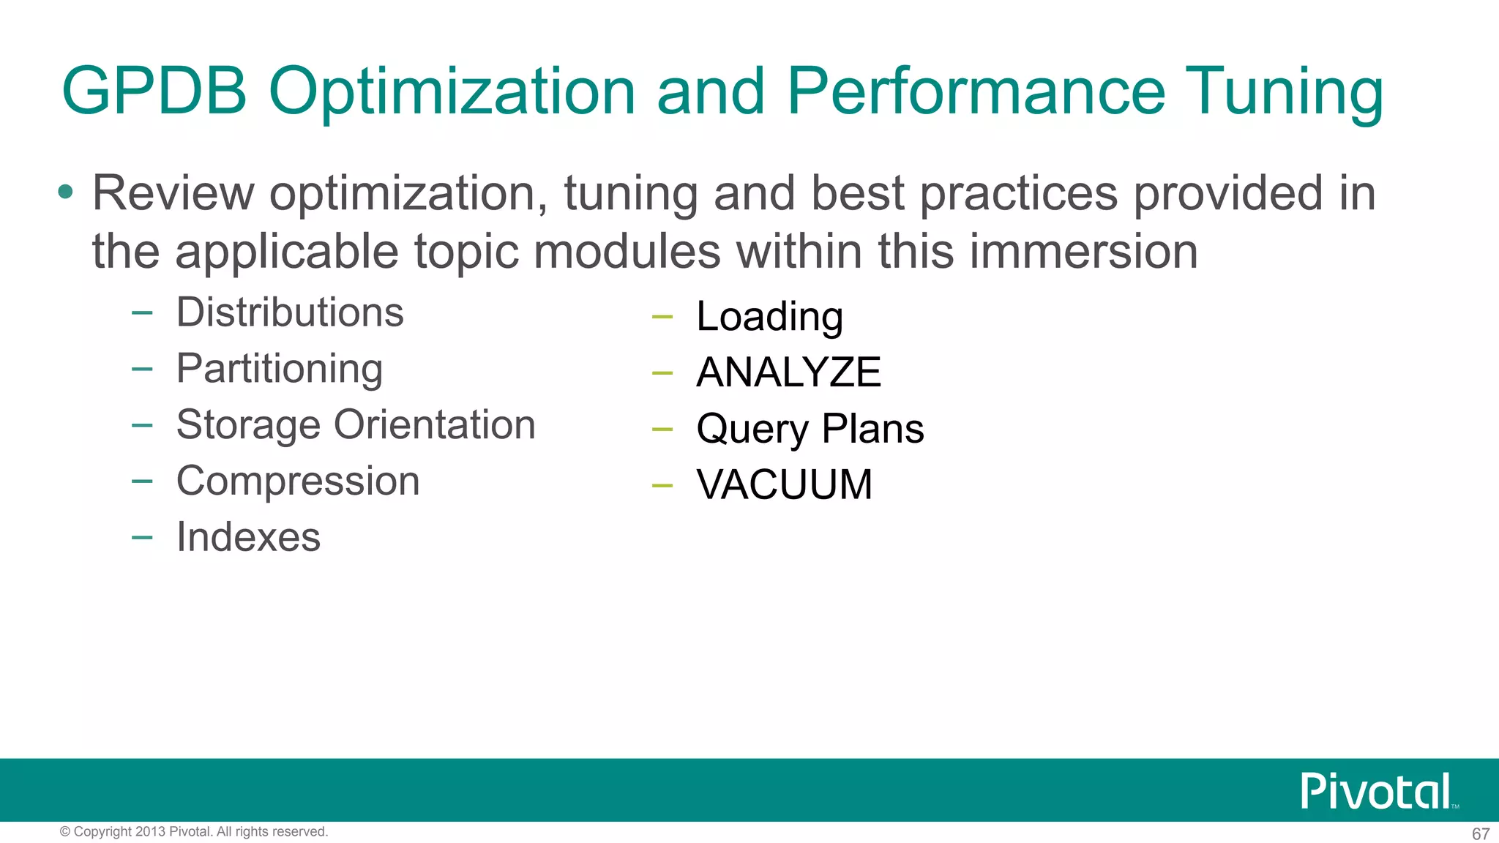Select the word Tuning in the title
coord(1284,92)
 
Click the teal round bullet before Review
coord(66,192)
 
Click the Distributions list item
coord(290,312)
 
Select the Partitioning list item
coord(280,368)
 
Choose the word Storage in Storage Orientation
coord(248,425)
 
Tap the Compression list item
coord(298,481)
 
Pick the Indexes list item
coord(248,537)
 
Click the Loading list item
coord(769,317)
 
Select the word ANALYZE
coord(788,372)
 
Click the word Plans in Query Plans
coord(872,428)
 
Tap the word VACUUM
coord(784,484)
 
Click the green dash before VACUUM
coord(662,485)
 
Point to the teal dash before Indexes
coord(142,538)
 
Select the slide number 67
coord(1480,833)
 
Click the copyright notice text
coord(193,832)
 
